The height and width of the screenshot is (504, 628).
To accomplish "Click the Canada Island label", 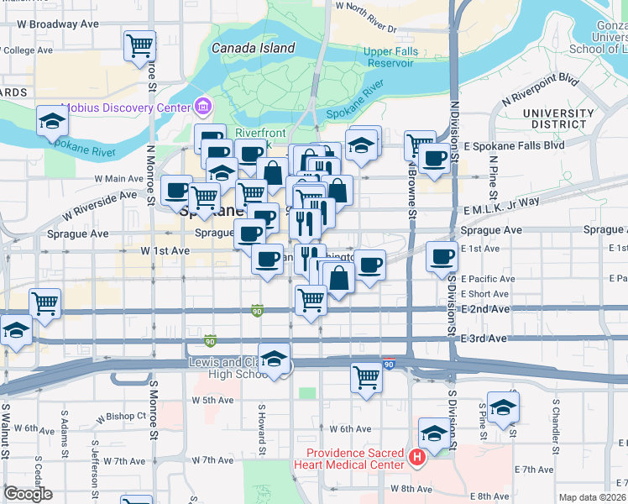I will [253, 49].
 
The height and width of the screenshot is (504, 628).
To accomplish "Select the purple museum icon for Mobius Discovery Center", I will [202, 108].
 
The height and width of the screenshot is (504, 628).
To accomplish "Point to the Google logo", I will [28, 494].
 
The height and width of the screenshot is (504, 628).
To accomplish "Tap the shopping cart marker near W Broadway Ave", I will [139, 45].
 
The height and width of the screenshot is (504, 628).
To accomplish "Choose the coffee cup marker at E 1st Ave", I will [442, 256].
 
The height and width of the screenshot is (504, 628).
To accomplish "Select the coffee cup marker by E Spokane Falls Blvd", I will [434, 158].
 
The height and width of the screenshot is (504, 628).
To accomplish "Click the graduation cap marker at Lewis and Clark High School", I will [275, 359].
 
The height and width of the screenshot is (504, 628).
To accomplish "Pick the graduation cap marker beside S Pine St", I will [503, 407].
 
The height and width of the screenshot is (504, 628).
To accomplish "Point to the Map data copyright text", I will [592, 497].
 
